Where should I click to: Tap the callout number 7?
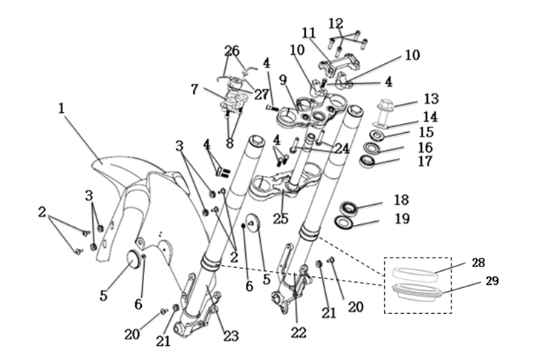click(195, 89)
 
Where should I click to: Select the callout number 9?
click(282, 78)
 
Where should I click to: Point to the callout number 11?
click(309, 33)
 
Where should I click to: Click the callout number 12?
click(336, 22)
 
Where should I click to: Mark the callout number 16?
click(425, 148)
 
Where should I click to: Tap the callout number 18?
click(422, 200)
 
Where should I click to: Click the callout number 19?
click(422, 219)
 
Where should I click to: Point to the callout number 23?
click(231, 337)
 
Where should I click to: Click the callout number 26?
click(232, 50)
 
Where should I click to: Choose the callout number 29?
click(492, 281)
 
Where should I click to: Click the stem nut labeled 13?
click(387, 106)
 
